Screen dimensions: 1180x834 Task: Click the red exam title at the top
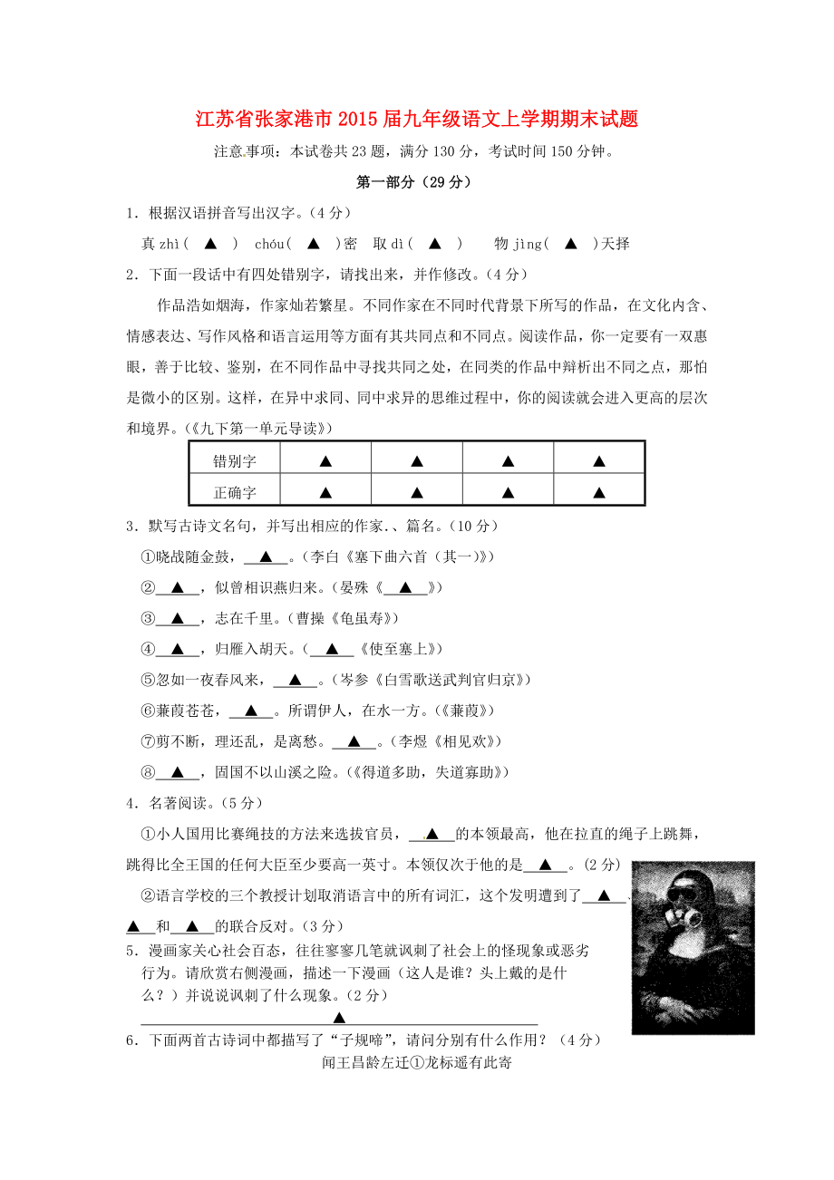point(417,120)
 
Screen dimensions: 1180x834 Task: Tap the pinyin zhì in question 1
point(170,244)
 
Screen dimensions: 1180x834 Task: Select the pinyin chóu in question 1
point(269,244)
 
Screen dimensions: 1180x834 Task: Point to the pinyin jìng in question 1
point(527,244)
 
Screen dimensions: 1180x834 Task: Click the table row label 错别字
point(235,461)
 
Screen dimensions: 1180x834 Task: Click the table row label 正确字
point(235,493)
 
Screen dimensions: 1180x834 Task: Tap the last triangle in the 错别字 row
point(598,461)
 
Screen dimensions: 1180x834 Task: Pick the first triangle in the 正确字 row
point(325,493)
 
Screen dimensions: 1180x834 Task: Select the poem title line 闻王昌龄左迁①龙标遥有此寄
point(417,1063)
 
